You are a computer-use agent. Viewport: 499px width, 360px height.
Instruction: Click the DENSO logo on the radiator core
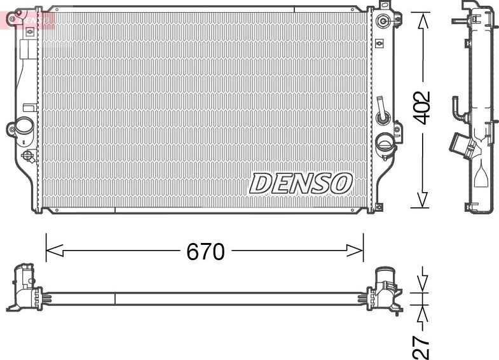301,183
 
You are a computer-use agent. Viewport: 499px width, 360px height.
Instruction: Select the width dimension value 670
205,252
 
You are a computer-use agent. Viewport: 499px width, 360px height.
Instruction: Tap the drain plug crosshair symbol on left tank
29,155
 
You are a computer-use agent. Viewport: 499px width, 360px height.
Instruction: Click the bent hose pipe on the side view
458,108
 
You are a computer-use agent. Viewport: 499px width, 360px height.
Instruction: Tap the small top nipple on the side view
458,21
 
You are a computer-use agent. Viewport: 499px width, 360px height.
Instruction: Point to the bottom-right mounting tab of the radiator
379,206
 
